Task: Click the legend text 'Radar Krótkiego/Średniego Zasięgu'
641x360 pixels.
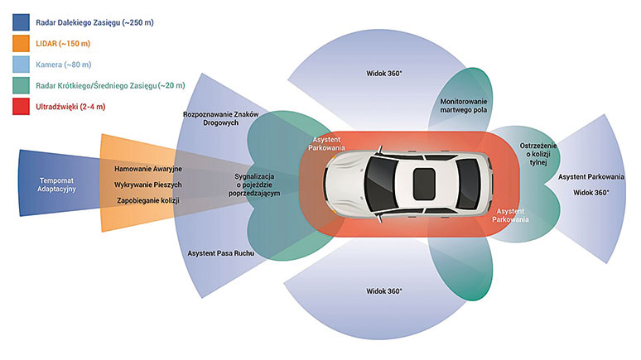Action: click(109, 85)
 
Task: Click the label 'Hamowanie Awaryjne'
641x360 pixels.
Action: click(147, 169)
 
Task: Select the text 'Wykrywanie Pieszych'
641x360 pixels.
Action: click(147, 185)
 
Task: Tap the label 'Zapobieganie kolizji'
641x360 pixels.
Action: click(147, 200)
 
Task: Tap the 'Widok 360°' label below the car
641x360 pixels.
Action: click(383, 291)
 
